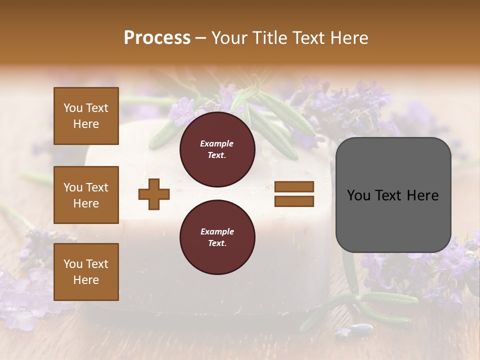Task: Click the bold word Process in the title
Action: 157,38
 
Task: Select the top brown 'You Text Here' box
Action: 86,116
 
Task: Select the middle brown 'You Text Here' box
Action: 86,195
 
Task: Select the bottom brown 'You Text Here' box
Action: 86,272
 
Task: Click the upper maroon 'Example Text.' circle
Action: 217,149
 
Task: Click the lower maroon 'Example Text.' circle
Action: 217,237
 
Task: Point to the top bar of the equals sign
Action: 294,187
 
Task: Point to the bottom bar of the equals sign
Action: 294,201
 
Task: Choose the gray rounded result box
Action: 393,195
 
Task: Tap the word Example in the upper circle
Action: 217,143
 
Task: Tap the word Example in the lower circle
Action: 217,231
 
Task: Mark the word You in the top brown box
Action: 73,108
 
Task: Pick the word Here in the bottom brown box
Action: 86,280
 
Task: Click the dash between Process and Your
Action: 201,38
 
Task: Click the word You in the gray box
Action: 359,195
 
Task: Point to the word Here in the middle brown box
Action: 86,203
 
